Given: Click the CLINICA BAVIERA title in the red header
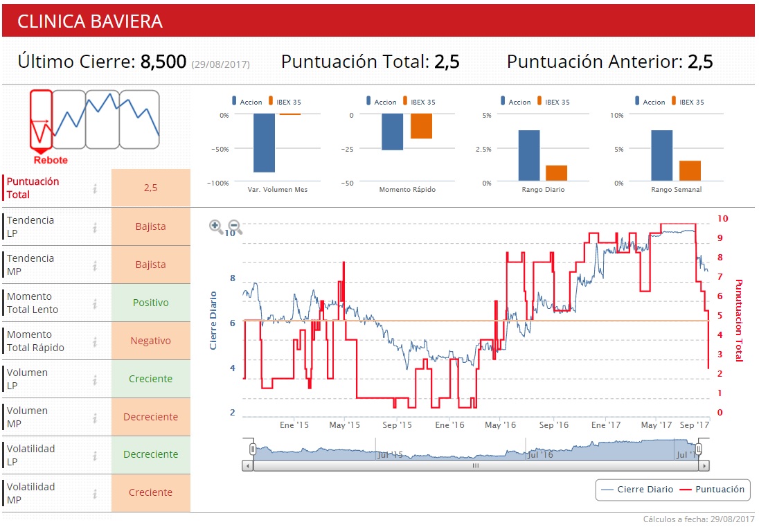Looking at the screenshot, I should (90, 21).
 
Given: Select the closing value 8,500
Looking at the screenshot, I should (163, 62).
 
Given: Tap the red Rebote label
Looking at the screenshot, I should (51, 160).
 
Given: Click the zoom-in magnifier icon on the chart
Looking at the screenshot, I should (216, 226).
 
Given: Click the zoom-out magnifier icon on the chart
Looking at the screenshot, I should (235, 226).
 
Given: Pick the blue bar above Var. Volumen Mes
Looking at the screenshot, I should (264, 143).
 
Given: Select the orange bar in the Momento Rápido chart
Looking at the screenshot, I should (421, 127).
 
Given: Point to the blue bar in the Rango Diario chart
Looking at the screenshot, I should (529, 156).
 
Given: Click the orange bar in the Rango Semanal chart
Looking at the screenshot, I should (690, 171).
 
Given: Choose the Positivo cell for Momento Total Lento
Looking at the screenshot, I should (150, 303).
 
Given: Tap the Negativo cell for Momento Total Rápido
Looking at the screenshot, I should (150, 341).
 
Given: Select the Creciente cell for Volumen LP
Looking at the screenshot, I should (150, 379).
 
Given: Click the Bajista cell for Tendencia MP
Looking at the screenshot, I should (150, 265).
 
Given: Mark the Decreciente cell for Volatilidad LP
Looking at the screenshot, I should (150, 454).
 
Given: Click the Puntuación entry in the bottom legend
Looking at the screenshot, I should (713, 490).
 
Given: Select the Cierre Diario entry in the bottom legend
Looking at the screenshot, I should (638, 490).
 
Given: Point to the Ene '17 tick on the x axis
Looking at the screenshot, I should (607, 425).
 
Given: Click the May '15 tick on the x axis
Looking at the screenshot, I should (345, 425).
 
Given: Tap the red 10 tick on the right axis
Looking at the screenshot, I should (722, 218).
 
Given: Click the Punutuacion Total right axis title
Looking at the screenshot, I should (739, 320).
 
